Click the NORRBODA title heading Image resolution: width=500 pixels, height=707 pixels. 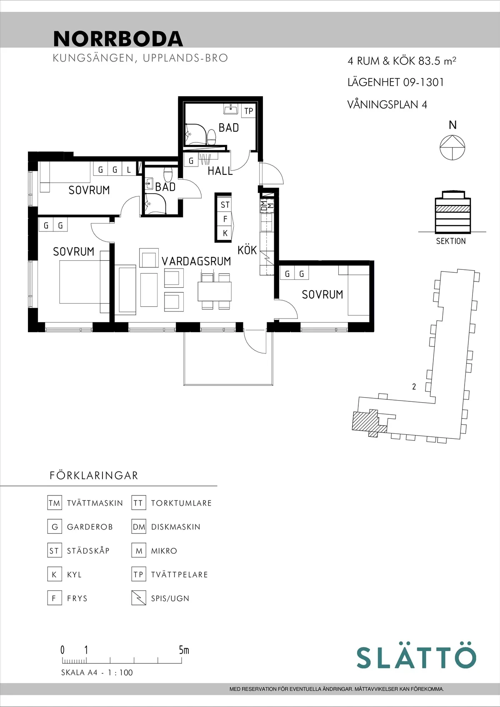tap(118, 39)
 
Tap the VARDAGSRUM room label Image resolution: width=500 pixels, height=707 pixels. tap(196, 261)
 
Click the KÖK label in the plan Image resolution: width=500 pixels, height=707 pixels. tap(247, 250)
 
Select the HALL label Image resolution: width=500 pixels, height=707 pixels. tap(220, 171)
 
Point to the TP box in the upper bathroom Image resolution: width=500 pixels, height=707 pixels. tap(249, 111)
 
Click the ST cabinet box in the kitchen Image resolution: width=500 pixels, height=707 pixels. tap(225, 205)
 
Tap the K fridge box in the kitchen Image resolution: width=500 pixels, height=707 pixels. tap(225, 233)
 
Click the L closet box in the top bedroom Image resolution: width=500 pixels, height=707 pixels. tap(129, 170)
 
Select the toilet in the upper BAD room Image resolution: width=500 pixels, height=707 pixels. tap(212, 137)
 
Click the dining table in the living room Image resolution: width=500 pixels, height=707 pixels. tap(215, 291)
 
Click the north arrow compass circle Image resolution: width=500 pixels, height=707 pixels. tap(452, 147)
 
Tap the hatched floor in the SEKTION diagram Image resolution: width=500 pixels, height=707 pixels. tap(453, 208)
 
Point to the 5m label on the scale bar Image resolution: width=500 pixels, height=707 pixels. tap(184, 650)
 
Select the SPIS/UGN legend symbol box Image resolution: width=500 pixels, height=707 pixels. tap(138, 598)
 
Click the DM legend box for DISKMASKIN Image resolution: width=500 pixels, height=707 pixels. tap(138, 527)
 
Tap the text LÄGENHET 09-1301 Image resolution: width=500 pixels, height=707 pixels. tap(395, 82)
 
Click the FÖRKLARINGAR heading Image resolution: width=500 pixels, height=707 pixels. tap(94, 475)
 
